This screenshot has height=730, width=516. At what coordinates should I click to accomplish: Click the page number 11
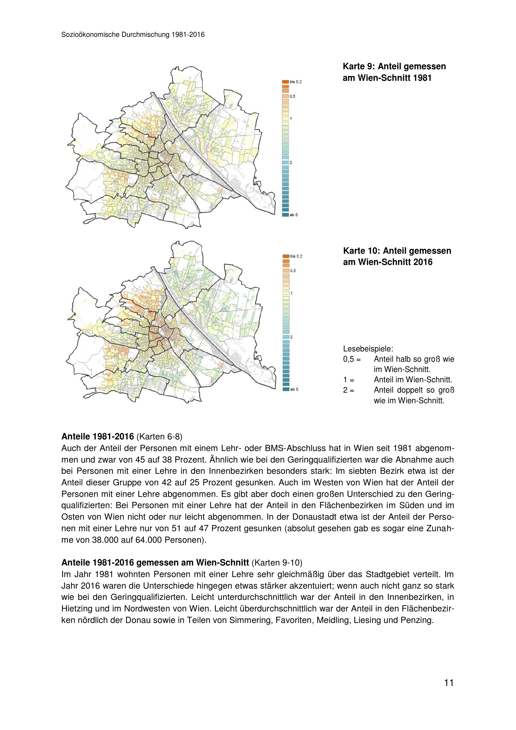tap(449, 683)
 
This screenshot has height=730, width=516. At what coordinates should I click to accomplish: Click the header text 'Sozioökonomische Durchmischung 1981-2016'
tap(133, 35)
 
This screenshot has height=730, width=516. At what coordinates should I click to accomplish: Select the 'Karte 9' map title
tap(394, 72)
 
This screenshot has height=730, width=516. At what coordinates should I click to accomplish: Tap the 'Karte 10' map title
tap(397, 256)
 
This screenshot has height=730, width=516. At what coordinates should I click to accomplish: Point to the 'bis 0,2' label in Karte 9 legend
tap(295, 82)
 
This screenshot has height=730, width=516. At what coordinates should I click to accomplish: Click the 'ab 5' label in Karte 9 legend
tap(294, 215)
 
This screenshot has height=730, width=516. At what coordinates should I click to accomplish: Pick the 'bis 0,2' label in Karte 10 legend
tap(296, 256)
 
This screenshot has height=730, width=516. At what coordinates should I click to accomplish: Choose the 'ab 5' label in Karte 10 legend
tap(294, 389)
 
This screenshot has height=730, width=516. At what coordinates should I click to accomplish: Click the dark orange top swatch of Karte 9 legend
tap(285, 82)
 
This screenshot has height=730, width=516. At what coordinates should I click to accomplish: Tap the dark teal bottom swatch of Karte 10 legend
tap(286, 389)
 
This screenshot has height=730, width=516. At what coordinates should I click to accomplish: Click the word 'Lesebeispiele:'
tap(368, 349)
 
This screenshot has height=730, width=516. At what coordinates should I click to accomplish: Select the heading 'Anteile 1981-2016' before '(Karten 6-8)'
tap(98, 437)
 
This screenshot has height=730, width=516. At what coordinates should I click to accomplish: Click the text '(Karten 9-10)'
tap(277, 563)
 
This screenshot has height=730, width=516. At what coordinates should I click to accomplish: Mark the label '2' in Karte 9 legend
tap(291, 163)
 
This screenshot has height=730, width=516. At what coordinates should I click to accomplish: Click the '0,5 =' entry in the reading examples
tap(352, 359)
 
